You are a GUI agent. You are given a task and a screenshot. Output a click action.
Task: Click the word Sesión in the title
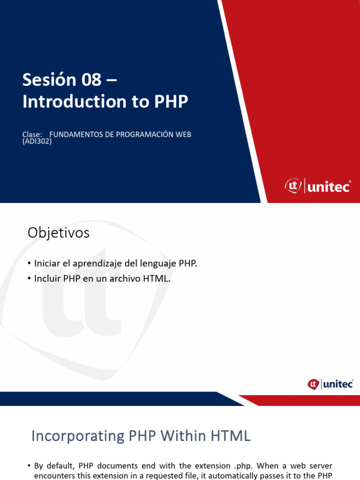(x=49, y=80)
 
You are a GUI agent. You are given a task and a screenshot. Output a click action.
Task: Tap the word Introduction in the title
(x=75, y=102)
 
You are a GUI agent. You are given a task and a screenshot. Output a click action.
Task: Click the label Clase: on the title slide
(x=32, y=135)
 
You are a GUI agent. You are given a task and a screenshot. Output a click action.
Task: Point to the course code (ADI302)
(x=37, y=141)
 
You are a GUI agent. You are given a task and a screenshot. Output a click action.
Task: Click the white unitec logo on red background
(x=318, y=187)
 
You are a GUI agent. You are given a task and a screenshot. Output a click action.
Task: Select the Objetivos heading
(x=59, y=232)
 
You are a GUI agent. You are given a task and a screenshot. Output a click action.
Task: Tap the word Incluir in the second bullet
(x=47, y=278)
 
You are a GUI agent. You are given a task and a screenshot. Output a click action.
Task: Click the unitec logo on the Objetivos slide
(x=330, y=384)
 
